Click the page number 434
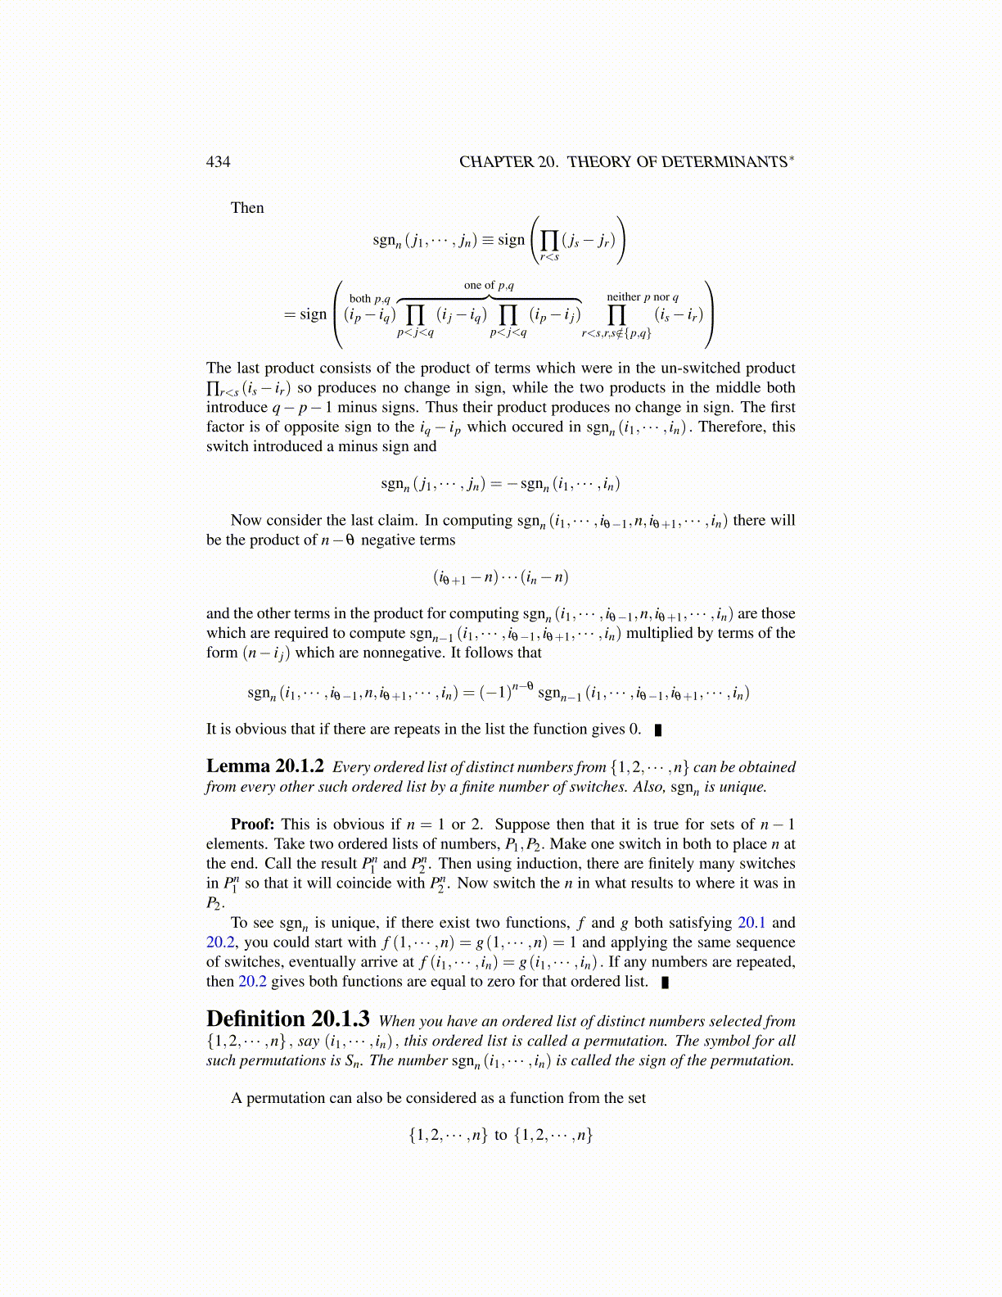coord(218,161)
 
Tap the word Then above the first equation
coord(247,208)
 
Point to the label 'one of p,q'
coord(489,285)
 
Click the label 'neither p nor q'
coord(642,297)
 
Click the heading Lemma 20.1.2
coord(264,766)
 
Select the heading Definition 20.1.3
coord(287,1019)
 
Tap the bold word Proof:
coord(251,825)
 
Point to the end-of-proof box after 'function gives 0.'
coord(658,730)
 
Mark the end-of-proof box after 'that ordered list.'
coord(665,982)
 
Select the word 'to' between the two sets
coord(500,1135)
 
